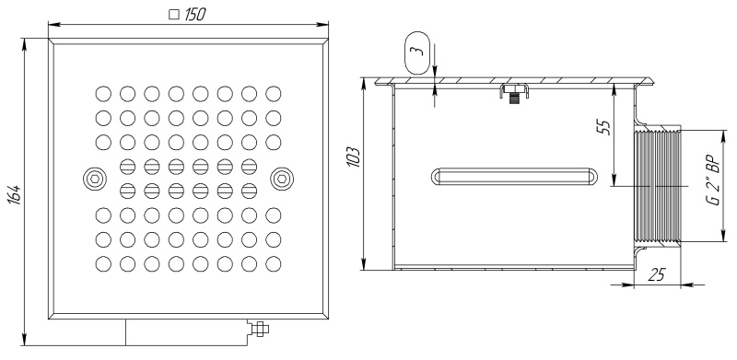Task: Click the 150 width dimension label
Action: (x=193, y=15)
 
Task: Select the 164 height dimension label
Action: (x=15, y=194)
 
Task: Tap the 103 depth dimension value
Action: (x=355, y=157)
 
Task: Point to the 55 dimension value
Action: (x=605, y=127)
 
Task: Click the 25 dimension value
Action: (x=657, y=275)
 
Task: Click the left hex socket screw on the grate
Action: (x=95, y=179)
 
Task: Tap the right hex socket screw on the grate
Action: (x=282, y=179)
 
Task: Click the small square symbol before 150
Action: (x=174, y=15)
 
